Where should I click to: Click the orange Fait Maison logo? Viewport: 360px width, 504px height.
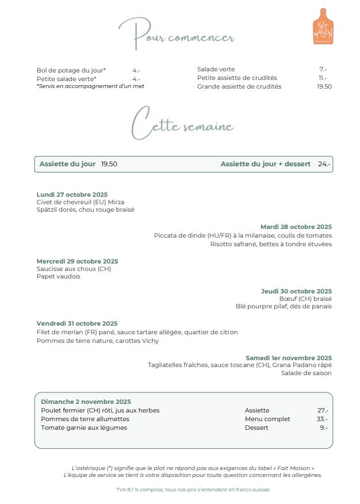(323, 26)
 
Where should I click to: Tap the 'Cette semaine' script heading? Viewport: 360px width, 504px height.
(182, 123)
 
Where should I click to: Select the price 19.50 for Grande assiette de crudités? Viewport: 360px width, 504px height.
(324, 87)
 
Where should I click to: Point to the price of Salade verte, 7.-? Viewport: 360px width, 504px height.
(323, 70)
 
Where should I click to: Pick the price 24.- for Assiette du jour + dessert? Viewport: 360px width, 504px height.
(324, 164)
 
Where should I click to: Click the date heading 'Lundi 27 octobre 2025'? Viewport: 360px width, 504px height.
(72, 194)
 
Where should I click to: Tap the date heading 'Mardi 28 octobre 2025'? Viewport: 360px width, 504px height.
(296, 227)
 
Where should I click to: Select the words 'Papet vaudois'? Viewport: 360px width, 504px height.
(58, 276)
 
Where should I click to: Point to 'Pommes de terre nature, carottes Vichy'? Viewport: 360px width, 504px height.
(98, 341)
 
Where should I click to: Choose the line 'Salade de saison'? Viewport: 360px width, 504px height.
(306, 373)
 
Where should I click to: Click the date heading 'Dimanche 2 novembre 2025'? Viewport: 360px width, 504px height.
(86, 402)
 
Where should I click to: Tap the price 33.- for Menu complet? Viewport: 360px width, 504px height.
(322, 419)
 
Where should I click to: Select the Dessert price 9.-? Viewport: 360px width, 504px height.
(324, 427)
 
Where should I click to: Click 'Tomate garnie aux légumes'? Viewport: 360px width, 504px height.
(84, 427)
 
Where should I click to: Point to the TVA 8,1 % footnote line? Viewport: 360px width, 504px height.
(192, 490)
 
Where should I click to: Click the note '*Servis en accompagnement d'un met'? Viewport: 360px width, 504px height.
(90, 86)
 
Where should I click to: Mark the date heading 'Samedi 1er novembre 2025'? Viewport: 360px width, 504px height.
(289, 358)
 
